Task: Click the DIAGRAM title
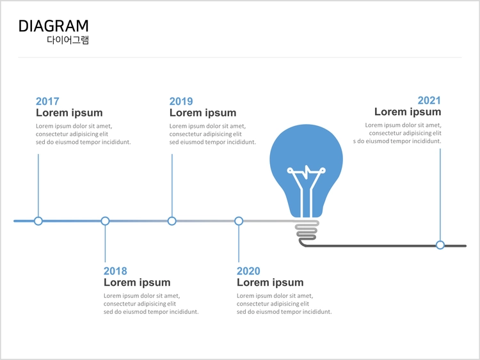click(54, 26)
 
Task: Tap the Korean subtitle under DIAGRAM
click(68, 40)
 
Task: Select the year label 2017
click(47, 101)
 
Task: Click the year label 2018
click(115, 271)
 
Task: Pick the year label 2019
click(181, 101)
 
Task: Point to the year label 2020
click(248, 271)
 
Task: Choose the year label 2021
click(429, 100)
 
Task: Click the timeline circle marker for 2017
click(38, 221)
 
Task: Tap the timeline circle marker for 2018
click(105, 221)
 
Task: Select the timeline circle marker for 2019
click(172, 221)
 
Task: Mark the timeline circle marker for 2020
click(239, 221)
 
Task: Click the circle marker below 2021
click(440, 245)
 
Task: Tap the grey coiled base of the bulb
click(307, 233)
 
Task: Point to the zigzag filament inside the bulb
click(307, 171)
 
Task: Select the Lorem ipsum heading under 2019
click(203, 113)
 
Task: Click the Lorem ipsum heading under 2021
click(408, 112)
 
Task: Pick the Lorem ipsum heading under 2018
click(137, 283)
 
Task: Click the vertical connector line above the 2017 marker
click(38, 185)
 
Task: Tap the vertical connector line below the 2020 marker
click(239, 244)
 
